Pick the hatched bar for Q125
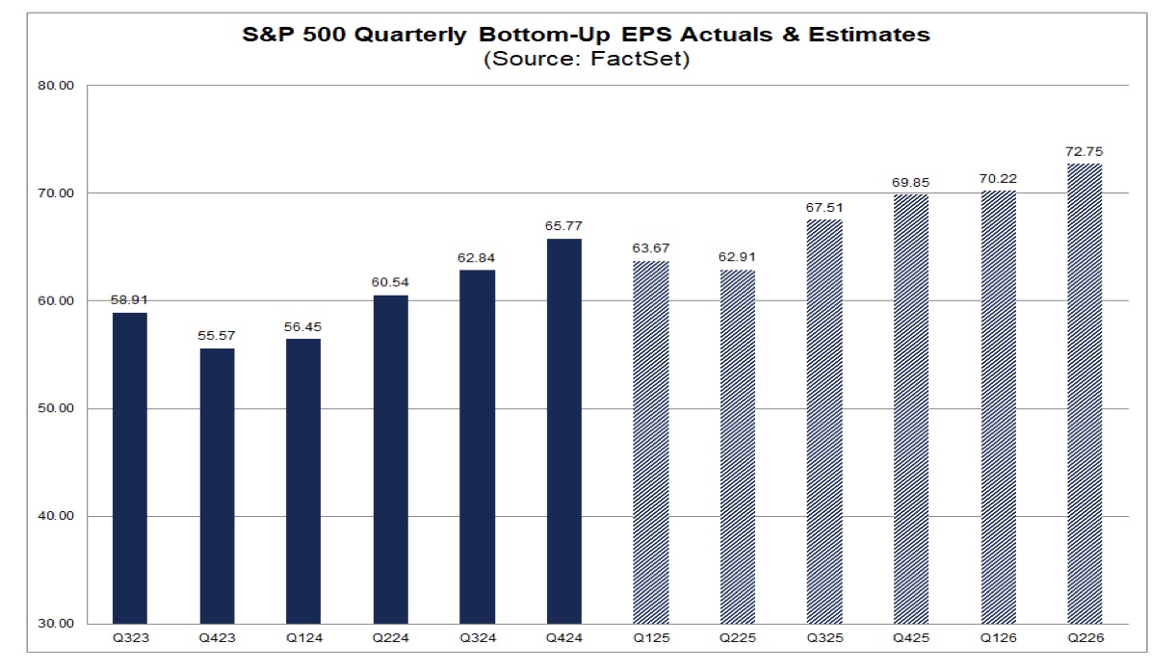point(650,443)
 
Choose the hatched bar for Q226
point(1084,394)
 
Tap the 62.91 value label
point(737,259)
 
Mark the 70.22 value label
point(998,179)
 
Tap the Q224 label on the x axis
point(390,638)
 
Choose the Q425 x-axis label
point(911,638)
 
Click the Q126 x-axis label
point(998,638)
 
